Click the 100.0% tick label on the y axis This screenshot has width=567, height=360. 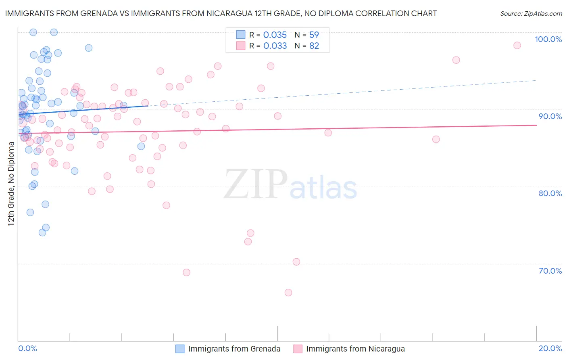click(x=548, y=39)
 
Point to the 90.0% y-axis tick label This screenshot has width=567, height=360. click(x=550, y=116)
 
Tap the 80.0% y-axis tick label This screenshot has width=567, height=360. click(x=550, y=193)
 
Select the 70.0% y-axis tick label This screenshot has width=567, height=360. click(x=550, y=271)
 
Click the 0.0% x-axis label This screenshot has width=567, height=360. click(x=27, y=348)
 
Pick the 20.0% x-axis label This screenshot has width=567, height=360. click(x=550, y=348)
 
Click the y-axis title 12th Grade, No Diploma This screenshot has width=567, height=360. click(x=11, y=184)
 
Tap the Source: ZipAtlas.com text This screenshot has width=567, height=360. click(x=531, y=14)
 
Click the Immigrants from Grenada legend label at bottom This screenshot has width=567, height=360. click(x=234, y=349)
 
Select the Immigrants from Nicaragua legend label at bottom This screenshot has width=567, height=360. click(x=355, y=349)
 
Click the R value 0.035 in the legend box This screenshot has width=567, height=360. click(x=275, y=35)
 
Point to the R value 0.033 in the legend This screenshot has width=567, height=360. click(x=275, y=46)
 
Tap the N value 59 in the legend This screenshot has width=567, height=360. click(x=314, y=35)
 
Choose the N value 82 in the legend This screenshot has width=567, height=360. click(x=314, y=46)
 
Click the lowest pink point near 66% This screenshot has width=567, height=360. click(x=288, y=293)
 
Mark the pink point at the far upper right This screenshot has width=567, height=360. click(x=517, y=45)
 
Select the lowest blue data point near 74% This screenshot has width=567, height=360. click(x=42, y=232)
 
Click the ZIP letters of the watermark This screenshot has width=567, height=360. click(x=256, y=184)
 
